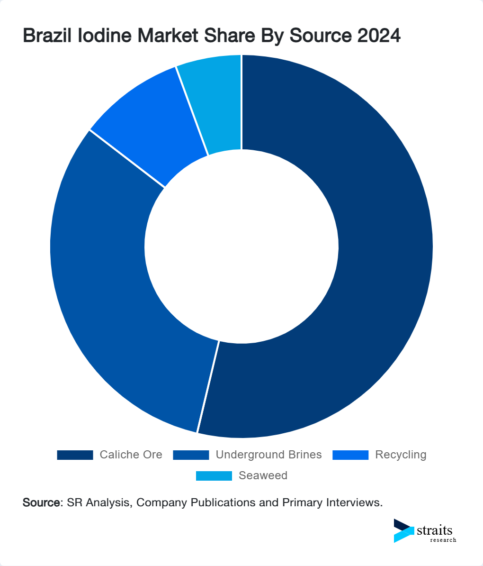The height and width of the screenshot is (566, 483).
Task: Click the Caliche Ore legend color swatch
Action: coord(75,455)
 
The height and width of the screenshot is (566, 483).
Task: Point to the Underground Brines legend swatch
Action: coord(191,455)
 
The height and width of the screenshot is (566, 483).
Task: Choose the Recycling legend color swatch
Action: coord(350,455)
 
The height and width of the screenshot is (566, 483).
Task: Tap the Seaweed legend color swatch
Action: coord(214,476)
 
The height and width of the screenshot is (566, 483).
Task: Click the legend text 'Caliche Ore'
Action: coord(131,455)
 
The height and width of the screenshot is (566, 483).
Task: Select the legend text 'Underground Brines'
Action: coord(268,455)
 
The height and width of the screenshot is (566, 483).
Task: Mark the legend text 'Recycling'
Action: coord(401,455)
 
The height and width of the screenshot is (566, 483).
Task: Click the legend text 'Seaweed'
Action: coord(263,476)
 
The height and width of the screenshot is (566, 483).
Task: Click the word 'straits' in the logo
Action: coord(435,530)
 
